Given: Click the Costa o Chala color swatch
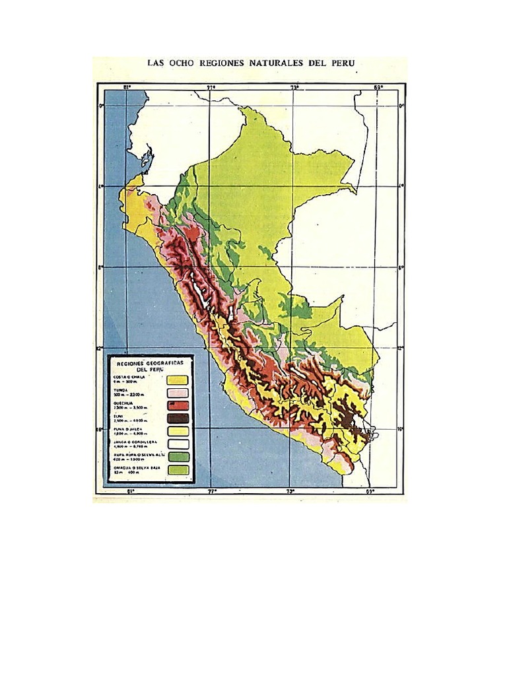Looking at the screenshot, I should [x=178, y=380].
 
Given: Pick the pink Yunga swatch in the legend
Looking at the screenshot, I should [x=178, y=394].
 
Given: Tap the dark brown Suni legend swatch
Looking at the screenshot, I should [x=178, y=419].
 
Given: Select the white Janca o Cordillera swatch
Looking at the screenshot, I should [x=178, y=444].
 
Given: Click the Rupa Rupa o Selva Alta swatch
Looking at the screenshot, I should [x=178, y=456].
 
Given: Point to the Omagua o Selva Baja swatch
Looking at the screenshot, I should [x=178, y=470].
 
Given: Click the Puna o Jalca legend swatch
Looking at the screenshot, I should [x=178, y=431].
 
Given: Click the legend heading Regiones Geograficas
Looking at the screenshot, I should [x=150, y=364].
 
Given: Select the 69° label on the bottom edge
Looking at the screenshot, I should [x=370, y=491].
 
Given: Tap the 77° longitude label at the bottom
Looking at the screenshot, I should [x=212, y=491].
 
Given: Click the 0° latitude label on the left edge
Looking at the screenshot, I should [x=101, y=106].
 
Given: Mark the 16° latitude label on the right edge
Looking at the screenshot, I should [x=401, y=428].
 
